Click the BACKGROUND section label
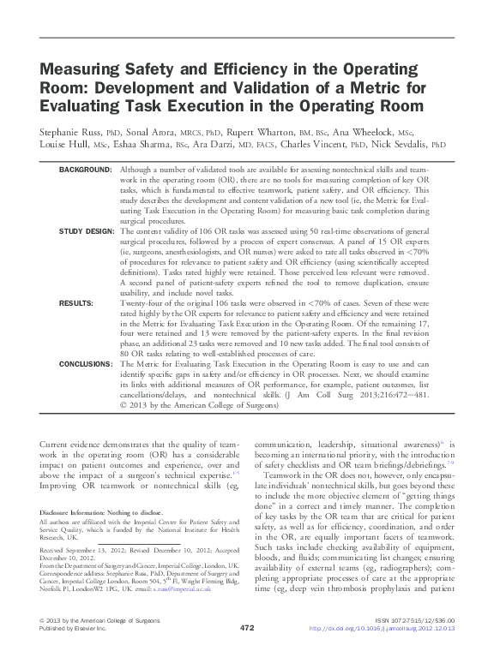tap(85, 171)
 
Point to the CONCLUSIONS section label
tap(86, 363)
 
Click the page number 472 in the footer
tap(247, 651)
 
